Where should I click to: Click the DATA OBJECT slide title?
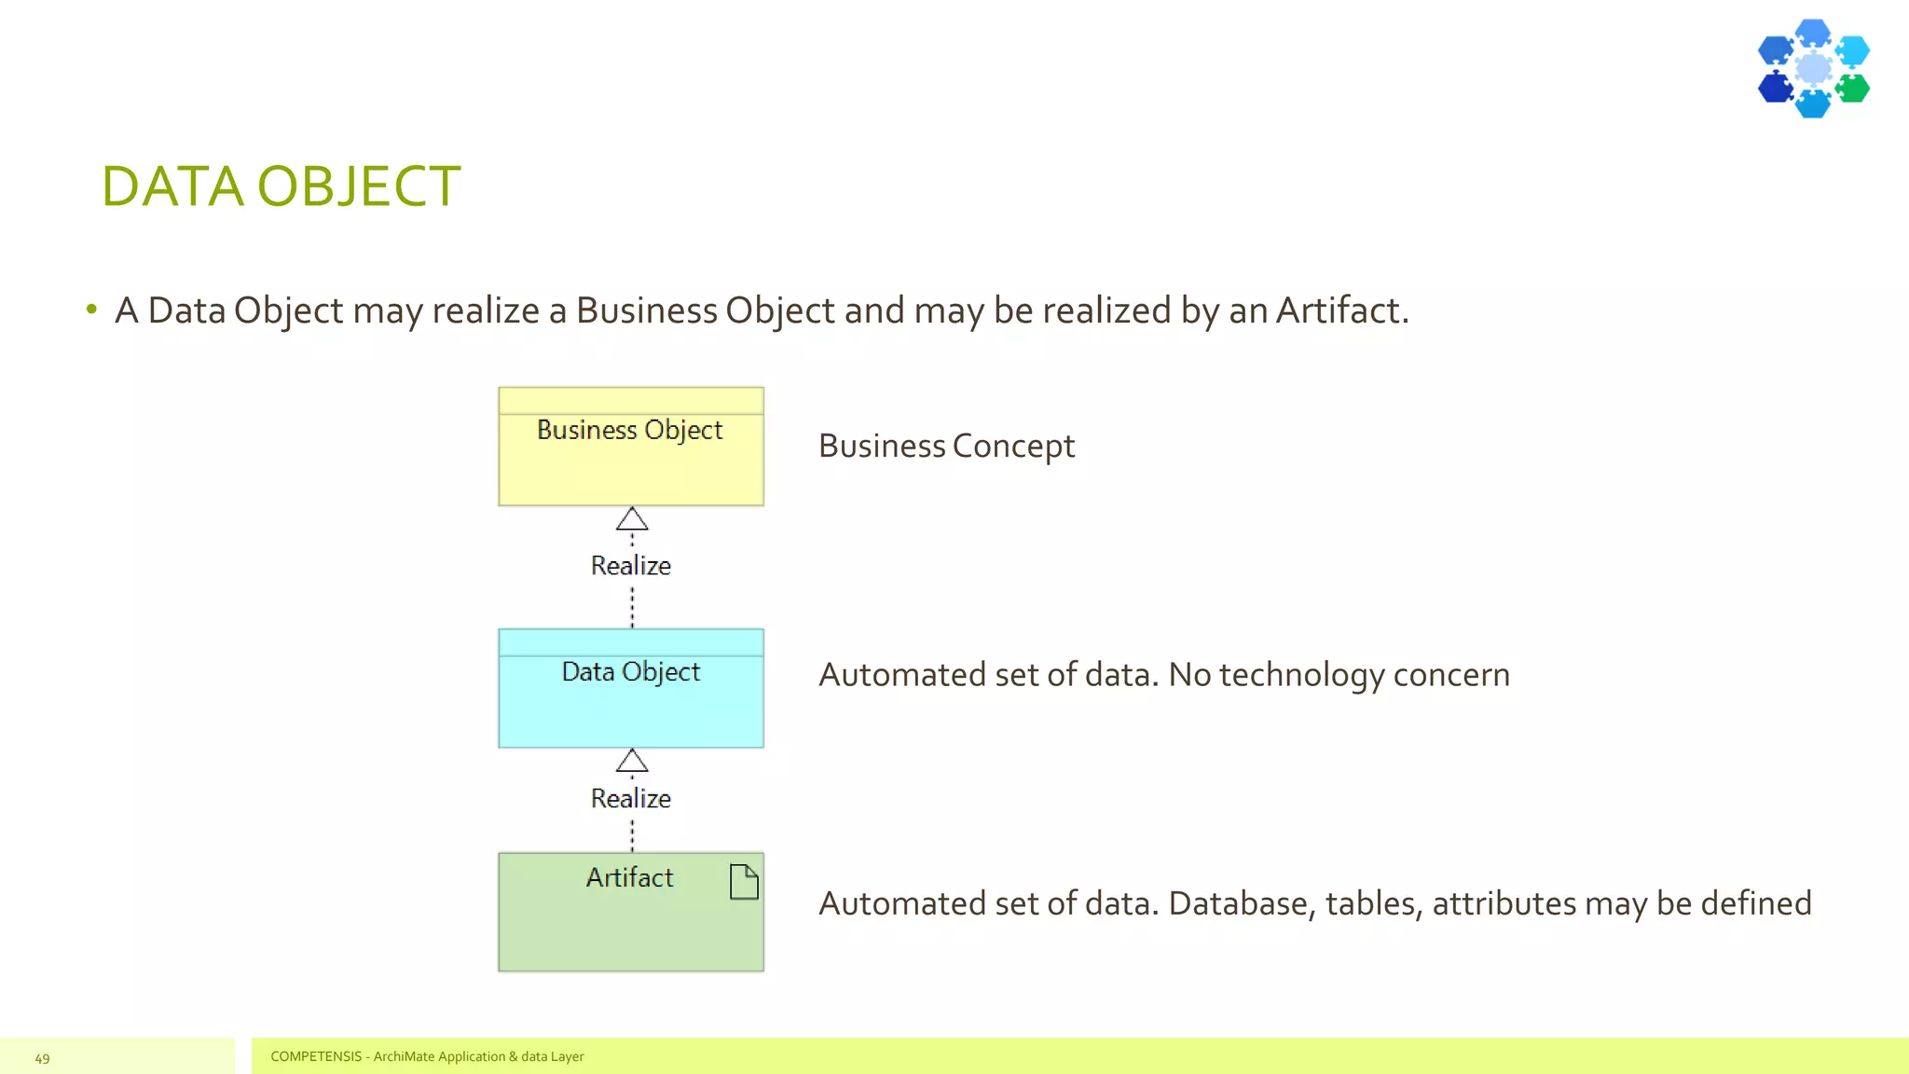point(281,186)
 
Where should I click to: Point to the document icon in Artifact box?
point(744,882)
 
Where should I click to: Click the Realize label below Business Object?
point(631,566)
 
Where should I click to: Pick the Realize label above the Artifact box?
point(631,799)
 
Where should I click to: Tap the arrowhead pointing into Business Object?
point(632,519)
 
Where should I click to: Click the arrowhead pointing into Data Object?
point(632,761)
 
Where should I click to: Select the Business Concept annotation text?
point(946,447)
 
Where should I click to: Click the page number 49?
point(42,1058)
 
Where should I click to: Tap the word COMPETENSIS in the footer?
point(316,1056)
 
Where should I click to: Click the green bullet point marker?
point(91,309)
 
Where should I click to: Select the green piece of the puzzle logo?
point(1853,89)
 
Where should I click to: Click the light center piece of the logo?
point(1814,68)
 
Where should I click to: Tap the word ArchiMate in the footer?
point(404,1056)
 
